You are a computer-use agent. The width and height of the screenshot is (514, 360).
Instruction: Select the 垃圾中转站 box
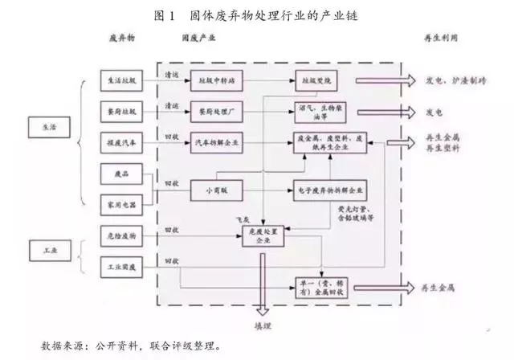218,81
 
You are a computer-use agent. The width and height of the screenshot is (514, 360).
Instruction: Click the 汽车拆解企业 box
218,142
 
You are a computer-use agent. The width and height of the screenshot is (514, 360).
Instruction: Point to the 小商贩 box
217,190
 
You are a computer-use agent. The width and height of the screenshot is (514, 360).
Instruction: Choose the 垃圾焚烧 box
316,81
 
